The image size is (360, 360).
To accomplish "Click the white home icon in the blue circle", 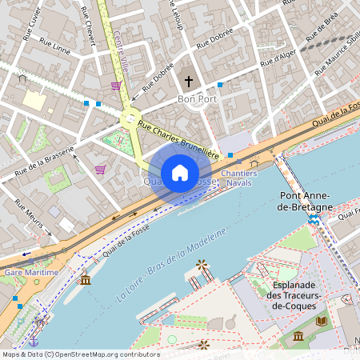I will click(179, 173).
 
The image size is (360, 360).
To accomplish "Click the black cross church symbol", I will click(190, 81).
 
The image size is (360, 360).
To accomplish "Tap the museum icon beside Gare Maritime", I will click(85, 278).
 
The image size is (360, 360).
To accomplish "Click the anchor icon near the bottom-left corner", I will click(34, 342).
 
